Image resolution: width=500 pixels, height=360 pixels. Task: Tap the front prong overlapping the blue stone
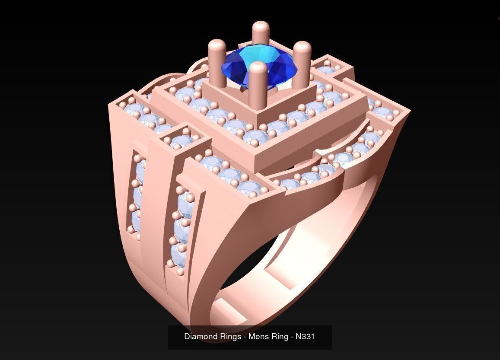pyautogui.click(x=258, y=80)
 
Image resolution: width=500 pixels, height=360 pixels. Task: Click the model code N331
pyautogui.click(x=305, y=336)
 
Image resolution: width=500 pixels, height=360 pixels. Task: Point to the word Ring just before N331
pyautogui.click(x=280, y=336)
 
